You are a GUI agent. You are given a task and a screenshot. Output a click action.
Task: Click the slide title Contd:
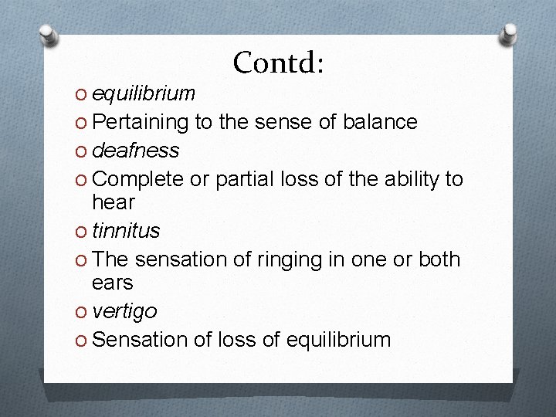pyautogui.click(x=278, y=63)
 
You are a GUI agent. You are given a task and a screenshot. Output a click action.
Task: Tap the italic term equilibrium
pyautogui.click(x=143, y=94)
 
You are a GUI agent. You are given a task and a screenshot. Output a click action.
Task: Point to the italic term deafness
pyautogui.click(x=135, y=150)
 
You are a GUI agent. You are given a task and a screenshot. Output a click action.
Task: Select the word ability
pyautogui.click(x=407, y=179)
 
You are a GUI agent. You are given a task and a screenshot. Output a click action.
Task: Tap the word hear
pyautogui.click(x=113, y=203)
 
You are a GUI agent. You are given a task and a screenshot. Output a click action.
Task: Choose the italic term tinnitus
pyautogui.click(x=125, y=231)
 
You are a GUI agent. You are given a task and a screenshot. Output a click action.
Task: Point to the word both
pyautogui.click(x=439, y=260)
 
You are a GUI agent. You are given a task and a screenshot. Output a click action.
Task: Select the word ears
pyautogui.click(x=112, y=283)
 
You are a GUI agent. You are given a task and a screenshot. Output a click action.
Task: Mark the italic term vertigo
pyautogui.click(x=124, y=311)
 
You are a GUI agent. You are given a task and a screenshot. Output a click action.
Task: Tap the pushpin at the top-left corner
pyautogui.click(x=49, y=33)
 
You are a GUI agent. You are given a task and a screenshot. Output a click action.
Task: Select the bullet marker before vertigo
pyautogui.click(x=82, y=312)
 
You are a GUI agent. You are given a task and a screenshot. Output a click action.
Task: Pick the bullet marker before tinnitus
pyautogui.click(x=82, y=232)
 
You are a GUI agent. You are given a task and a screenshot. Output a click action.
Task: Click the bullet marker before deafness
pyautogui.click(x=82, y=151)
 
